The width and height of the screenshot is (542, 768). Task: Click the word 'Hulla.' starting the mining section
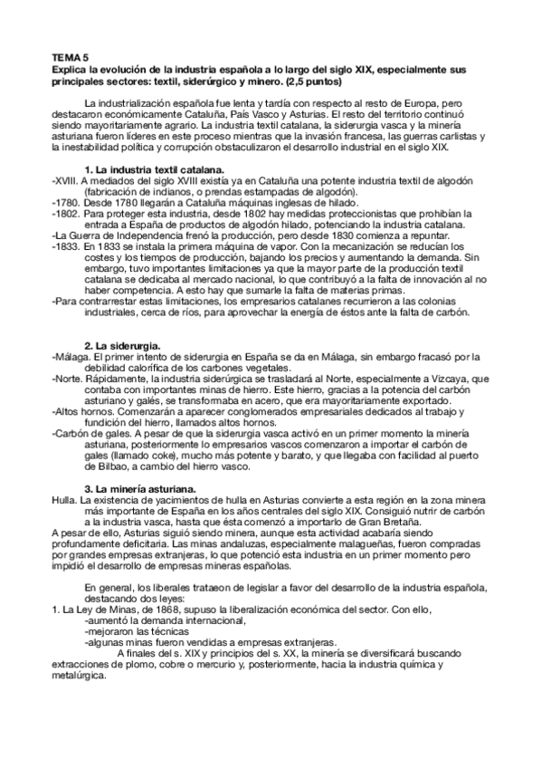pos(65,499)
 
